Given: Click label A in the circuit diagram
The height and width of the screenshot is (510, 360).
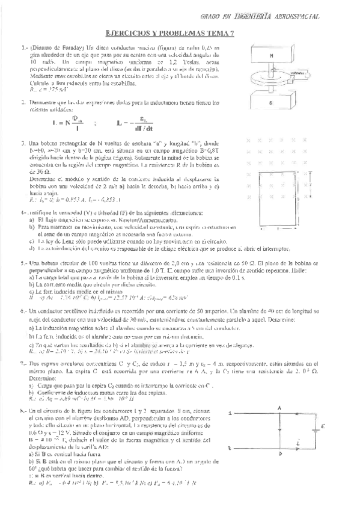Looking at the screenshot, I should pos(279,409).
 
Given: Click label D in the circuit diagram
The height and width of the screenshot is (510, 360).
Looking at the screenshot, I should pos(279,455).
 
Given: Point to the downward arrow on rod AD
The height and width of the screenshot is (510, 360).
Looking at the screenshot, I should pos(279,431).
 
